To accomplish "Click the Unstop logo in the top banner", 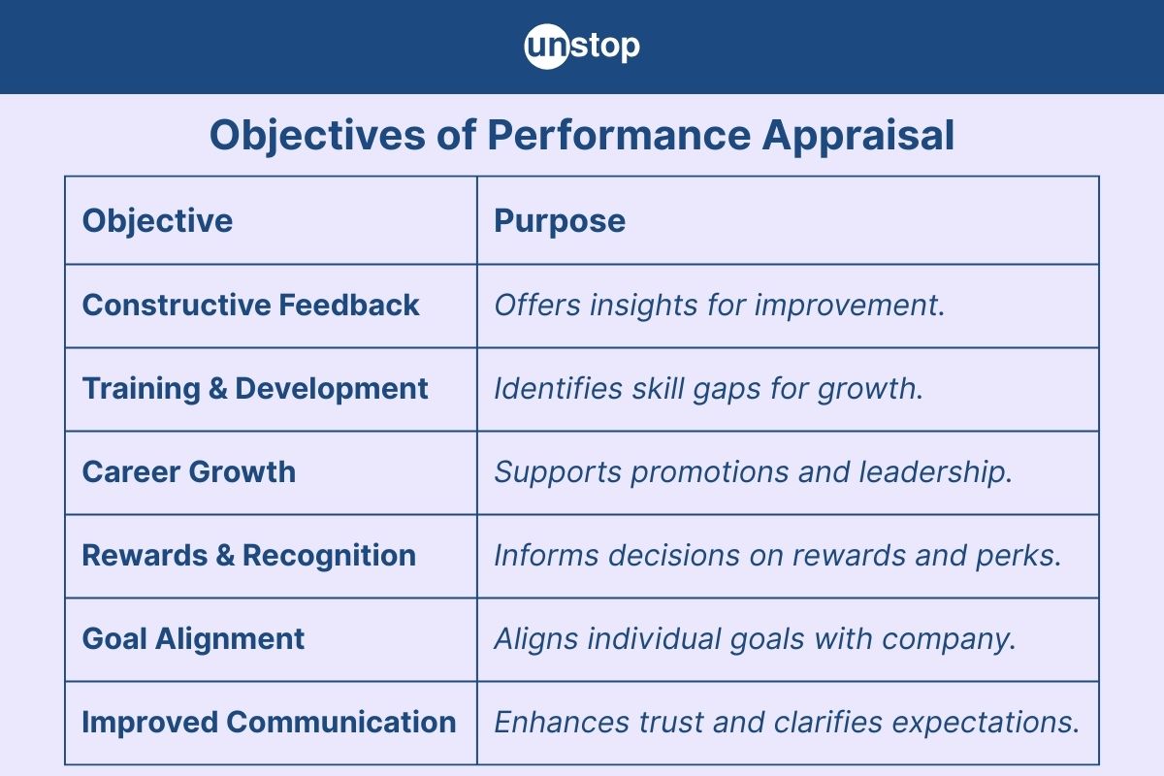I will (x=582, y=47).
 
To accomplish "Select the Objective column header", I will (x=157, y=220).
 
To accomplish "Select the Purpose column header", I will (x=560, y=220).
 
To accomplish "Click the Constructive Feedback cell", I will (x=250, y=305).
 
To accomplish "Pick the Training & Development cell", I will (x=254, y=388).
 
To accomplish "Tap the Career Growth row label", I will (x=188, y=471).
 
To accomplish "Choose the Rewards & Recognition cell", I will (x=248, y=555).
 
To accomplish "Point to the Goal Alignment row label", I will (x=193, y=638).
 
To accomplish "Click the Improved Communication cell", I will (x=269, y=722).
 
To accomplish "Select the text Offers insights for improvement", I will (x=719, y=305).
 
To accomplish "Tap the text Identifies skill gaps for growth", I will (x=708, y=388).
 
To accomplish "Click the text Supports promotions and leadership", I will (x=753, y=471).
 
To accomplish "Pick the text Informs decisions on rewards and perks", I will (x=777, y=555).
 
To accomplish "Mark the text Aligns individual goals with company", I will (x=755, y=638).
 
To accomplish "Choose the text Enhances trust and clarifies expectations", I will (x=786, y=722).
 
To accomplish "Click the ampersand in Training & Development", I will (x=217, y=388).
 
